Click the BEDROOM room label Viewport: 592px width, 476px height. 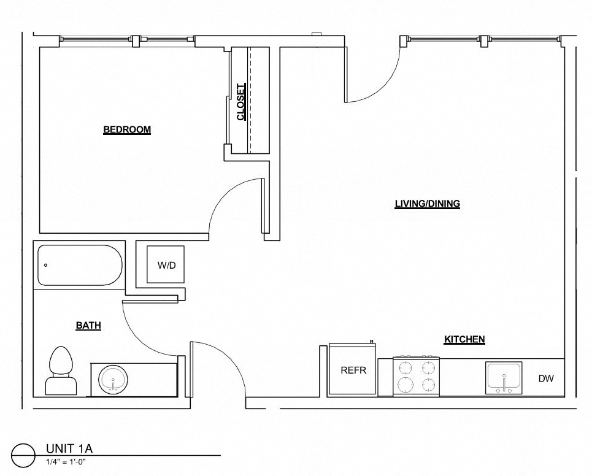tap(127, 129)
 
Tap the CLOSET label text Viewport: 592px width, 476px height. tap(241, 102)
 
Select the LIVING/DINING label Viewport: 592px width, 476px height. tap(427, 204)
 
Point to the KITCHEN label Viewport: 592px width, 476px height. tap(464, 339)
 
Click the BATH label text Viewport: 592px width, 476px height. tap(88, 326)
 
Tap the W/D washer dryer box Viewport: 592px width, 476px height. tap(166, 266)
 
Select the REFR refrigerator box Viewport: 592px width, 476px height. tap(353, 370)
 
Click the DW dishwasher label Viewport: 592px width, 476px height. tap(546, 378)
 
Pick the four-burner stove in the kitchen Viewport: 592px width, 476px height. tap(416, 376)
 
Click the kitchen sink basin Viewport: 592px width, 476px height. tap(504, 377)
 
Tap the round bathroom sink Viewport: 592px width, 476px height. tap(113, 379)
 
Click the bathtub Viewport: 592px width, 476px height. tap(80, 266)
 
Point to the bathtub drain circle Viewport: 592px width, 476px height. tap(45, 266)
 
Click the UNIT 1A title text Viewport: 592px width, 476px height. tap(69, 448)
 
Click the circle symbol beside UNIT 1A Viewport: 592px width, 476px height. tap(23, 455)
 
